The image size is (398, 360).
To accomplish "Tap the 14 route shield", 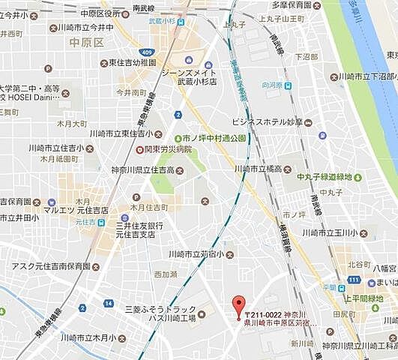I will coord(109,304).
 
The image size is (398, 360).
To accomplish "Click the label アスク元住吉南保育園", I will coord(49,266).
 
